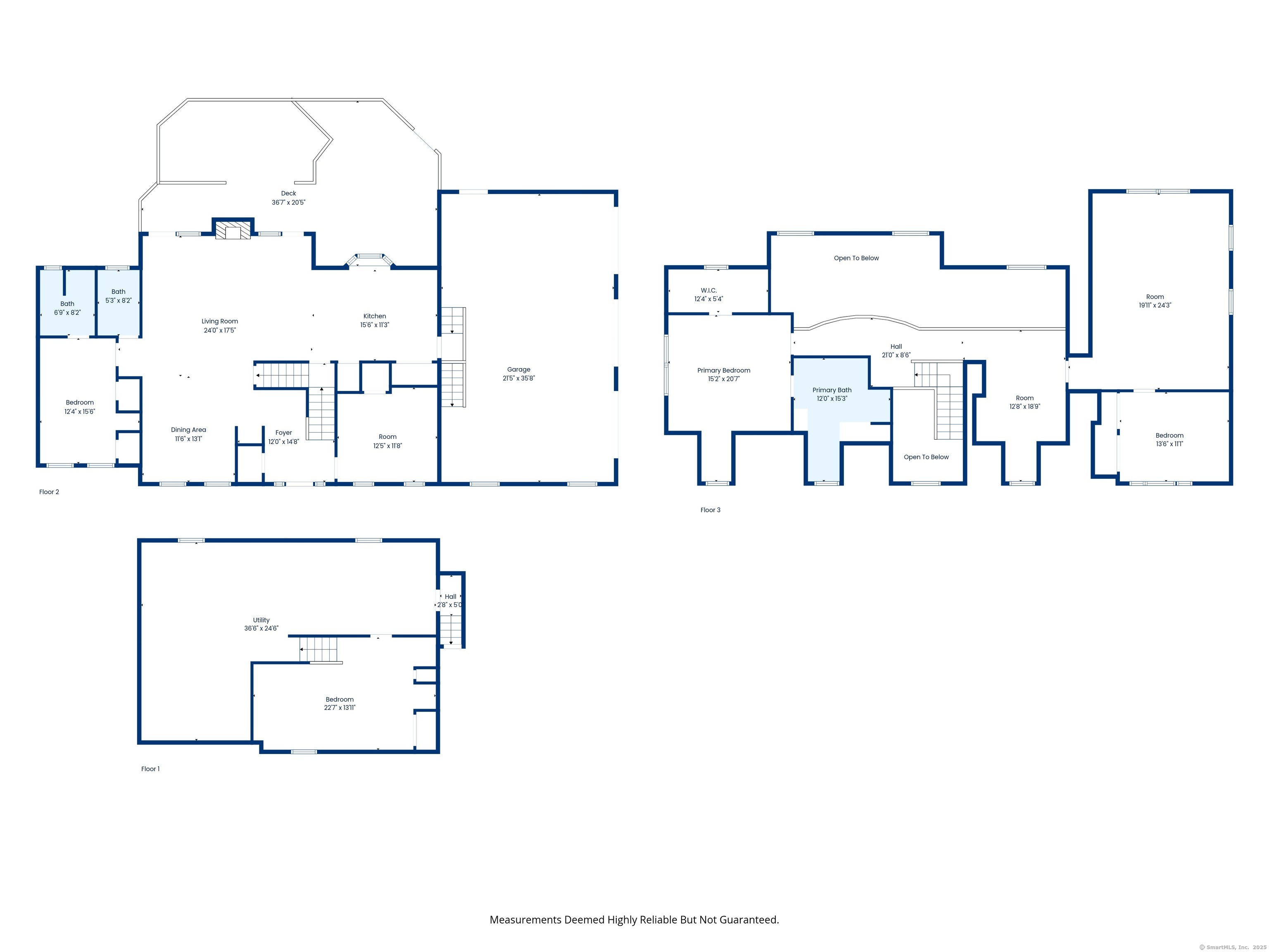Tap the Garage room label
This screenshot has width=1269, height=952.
pos(518,369)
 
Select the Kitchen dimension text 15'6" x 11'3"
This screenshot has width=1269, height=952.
pos(375,325)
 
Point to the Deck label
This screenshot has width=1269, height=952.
pos(289,193)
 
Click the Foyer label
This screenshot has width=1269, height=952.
pos(283,433)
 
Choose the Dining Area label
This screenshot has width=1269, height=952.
pos(188,430)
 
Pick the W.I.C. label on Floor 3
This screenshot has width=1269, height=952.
pos(708,290)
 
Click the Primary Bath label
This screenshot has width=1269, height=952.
pos(832,390)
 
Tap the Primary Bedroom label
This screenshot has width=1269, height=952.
pos(723,371)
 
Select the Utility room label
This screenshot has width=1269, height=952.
pos(261,620)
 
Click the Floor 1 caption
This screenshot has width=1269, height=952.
pos(150,769)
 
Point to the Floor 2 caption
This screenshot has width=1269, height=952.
pos(49,492)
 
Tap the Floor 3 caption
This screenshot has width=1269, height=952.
pos(710,510)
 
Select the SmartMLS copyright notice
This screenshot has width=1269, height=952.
pos(1232,947)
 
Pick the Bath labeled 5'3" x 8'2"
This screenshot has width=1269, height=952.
pos(118,296)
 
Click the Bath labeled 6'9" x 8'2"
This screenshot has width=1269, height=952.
pos(67,308)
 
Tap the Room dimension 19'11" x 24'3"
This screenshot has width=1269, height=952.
pos(1155,305)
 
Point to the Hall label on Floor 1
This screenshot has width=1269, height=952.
pos(450,597)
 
